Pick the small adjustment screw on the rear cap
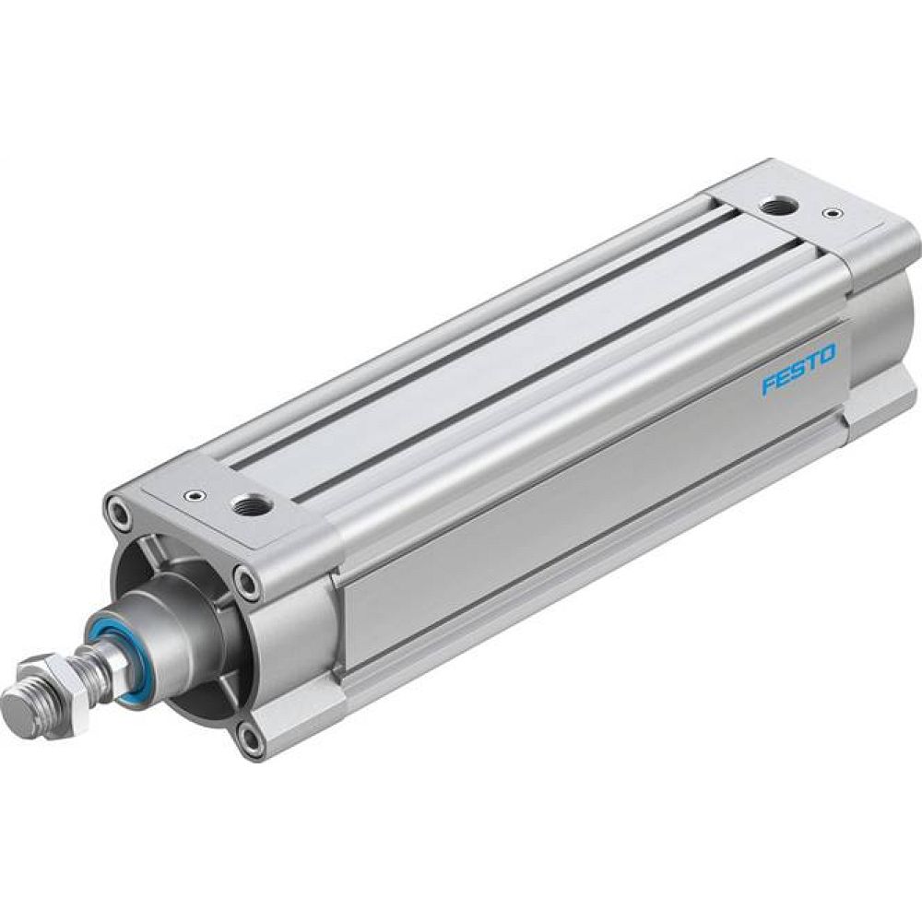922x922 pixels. click(833, 214)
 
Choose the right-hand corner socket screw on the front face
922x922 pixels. click(244, 581)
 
